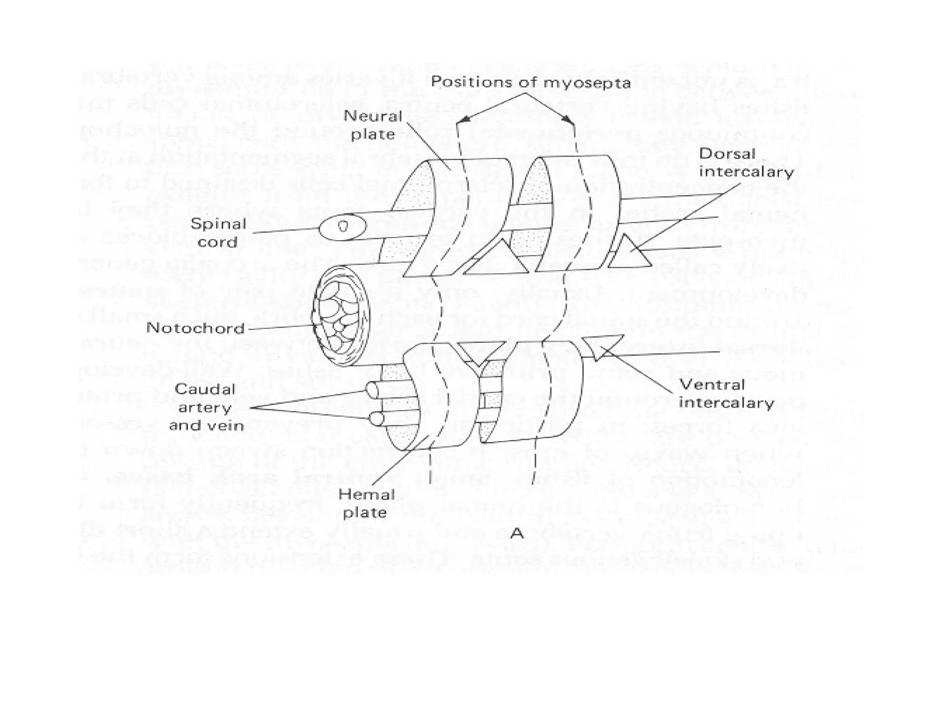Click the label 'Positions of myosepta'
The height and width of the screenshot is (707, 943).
coord(530,82)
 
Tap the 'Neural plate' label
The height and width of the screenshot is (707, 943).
coord(373,125)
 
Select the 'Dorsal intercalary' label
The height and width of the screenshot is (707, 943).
coord(746,162)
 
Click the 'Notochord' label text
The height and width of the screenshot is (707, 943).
coord(196,328)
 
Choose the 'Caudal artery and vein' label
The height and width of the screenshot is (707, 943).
coord(206,407)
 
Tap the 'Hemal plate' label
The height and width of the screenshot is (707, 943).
coord(366,504)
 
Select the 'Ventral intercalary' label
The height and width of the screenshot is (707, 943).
coord(726,394)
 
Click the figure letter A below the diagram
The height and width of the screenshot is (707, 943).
coord(517,533)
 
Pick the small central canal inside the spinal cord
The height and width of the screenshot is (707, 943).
coord(343,226)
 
